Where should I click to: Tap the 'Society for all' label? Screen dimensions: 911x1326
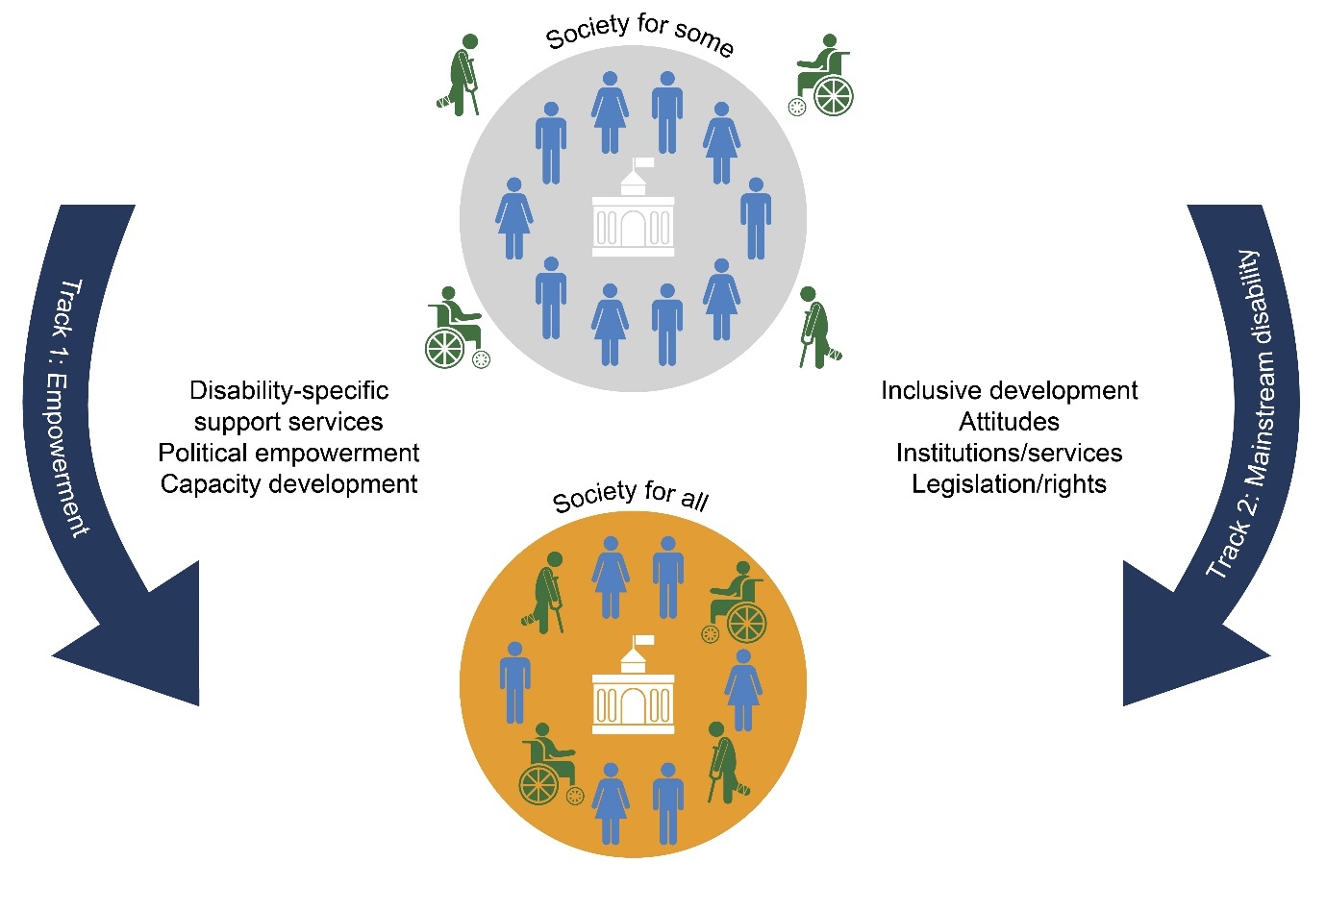tap(630, 497)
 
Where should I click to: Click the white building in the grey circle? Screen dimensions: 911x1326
tap(633, 216)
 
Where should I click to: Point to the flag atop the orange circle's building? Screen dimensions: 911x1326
tap(643, 640)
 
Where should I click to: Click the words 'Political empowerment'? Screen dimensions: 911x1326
tap(288, 453)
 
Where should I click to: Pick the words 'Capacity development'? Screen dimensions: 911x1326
tap(288, 483)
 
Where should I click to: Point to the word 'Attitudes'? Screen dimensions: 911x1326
tap(1009, 422)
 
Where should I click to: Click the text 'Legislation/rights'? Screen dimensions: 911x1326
tap(1009, 483)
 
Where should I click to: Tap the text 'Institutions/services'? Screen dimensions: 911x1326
tap(1009, 453)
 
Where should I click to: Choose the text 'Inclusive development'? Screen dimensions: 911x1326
tap(1009, 391)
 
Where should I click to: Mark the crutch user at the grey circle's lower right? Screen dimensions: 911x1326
tap(817, 327)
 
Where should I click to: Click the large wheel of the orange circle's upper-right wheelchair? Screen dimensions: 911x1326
tap(746, 624)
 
